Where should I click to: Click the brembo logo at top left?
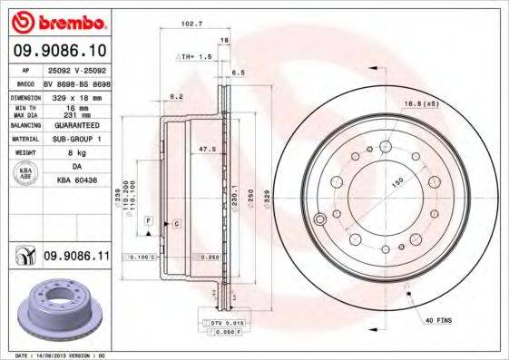57,20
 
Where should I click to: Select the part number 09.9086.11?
77,258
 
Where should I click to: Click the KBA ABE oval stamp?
25,175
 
